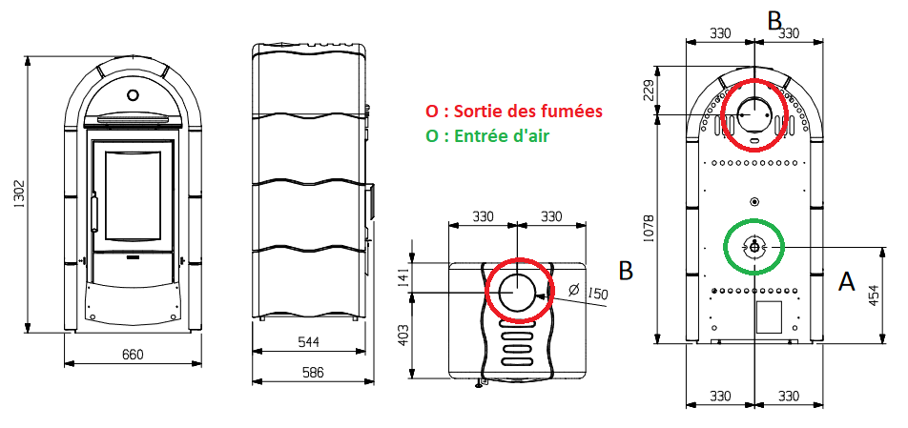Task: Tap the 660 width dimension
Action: [x=134, y=354]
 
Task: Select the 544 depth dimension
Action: [x=309, y=342]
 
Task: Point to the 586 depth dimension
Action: [x=313, y=372]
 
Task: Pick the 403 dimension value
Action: [x=403, y=335]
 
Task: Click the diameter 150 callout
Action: [x=589, y=292]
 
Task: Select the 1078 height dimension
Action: [x=650, y=229]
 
